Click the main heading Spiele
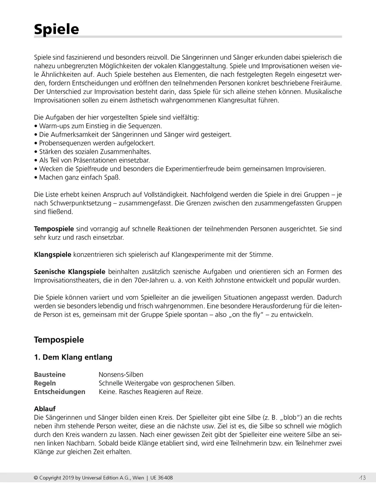[x=56, y=29]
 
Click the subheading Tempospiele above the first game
[x=59, y=340]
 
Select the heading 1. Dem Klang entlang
[x=73, y=357]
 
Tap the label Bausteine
[x=50, y=375]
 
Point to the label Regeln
[x=45, y=383]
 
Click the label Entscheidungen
[x=59, y=392]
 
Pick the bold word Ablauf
[x=45, y=409]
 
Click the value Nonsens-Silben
[x=121, y=375]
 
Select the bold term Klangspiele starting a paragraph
[x=53, y=254]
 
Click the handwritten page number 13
[x=361, y=478]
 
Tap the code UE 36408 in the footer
[x=162, y=478]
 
